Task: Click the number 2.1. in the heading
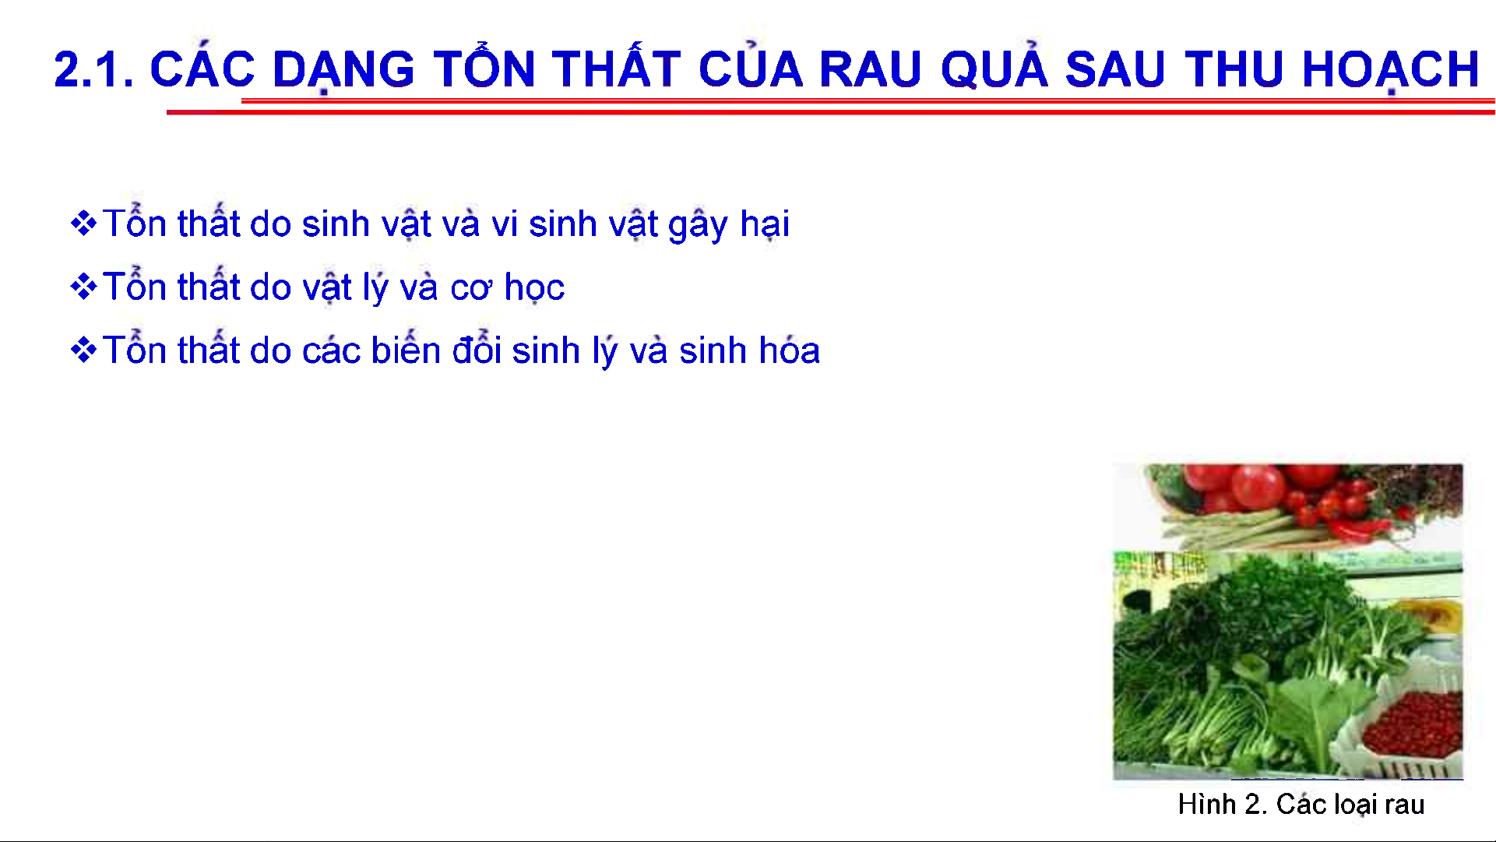(93, 69)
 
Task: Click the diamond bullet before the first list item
(83, 224)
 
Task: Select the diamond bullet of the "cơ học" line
(83, 287)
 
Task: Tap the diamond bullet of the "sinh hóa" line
(83, 350)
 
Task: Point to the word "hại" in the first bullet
(765, 224)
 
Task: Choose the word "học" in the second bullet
(534, 287)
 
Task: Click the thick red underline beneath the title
(831, 112)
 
